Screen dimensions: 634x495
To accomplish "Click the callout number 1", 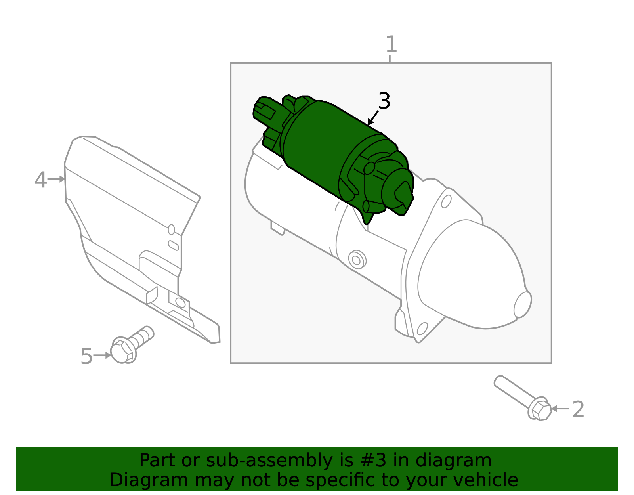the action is (391, 44).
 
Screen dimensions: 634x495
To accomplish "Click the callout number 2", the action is (578, 409).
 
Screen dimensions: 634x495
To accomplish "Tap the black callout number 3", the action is (384, 101).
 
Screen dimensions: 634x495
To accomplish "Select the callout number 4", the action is (40, 180).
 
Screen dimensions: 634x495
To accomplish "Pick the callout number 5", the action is (87, 356).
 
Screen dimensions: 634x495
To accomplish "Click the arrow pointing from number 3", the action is (373, 118).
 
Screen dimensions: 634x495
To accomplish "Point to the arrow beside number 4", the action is (56, 179).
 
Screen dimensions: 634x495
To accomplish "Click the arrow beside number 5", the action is (102, 355).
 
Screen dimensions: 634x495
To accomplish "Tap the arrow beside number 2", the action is (560, 409).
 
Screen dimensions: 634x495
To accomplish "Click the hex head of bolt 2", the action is (541, 411).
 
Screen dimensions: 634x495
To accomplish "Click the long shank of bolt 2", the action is (516, 391).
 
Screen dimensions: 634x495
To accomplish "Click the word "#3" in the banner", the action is (373, 461).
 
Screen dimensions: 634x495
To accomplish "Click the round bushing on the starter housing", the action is (357, 260).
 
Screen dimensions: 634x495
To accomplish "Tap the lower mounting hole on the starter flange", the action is (422, 329).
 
